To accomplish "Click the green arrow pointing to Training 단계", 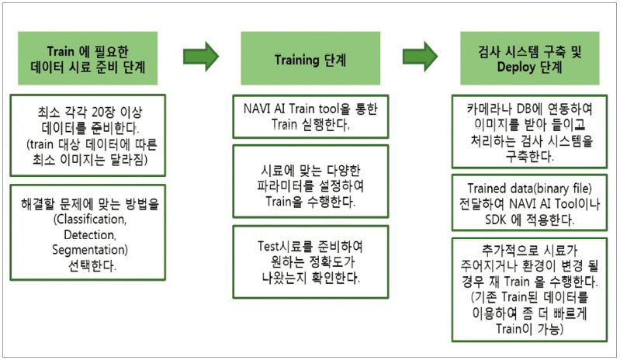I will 200,57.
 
